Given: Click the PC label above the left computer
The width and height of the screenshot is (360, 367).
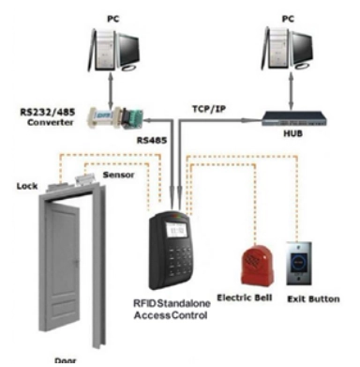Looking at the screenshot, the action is (113, 19).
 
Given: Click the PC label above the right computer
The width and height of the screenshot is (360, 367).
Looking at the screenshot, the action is (288, 19).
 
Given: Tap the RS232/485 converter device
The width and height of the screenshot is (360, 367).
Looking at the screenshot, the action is (115, 117).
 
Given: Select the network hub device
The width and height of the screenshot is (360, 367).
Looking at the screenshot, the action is (293, 118).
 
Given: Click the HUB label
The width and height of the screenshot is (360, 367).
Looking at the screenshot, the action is (292, 133).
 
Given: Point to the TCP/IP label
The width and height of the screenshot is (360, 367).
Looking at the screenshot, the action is (209, 109).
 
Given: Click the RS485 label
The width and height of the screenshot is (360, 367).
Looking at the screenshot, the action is (152, 140).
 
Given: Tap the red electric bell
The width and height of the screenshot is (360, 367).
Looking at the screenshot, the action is (258, 265).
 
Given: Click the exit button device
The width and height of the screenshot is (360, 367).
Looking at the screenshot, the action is (299, 264).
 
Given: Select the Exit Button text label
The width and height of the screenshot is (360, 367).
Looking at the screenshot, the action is (313, 299).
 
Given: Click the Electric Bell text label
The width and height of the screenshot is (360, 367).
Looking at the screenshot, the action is (245, 298).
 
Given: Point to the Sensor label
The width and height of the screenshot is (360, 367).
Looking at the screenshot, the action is (118, 175).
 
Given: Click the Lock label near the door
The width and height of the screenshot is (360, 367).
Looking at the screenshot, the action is (27, 186).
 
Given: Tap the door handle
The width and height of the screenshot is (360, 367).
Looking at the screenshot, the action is (76, 262).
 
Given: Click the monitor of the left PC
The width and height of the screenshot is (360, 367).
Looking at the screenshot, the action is (127, 50).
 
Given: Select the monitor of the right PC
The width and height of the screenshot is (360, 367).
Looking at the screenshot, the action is (301, 50).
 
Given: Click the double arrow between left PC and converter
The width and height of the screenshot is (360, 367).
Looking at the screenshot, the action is (111, 91).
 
